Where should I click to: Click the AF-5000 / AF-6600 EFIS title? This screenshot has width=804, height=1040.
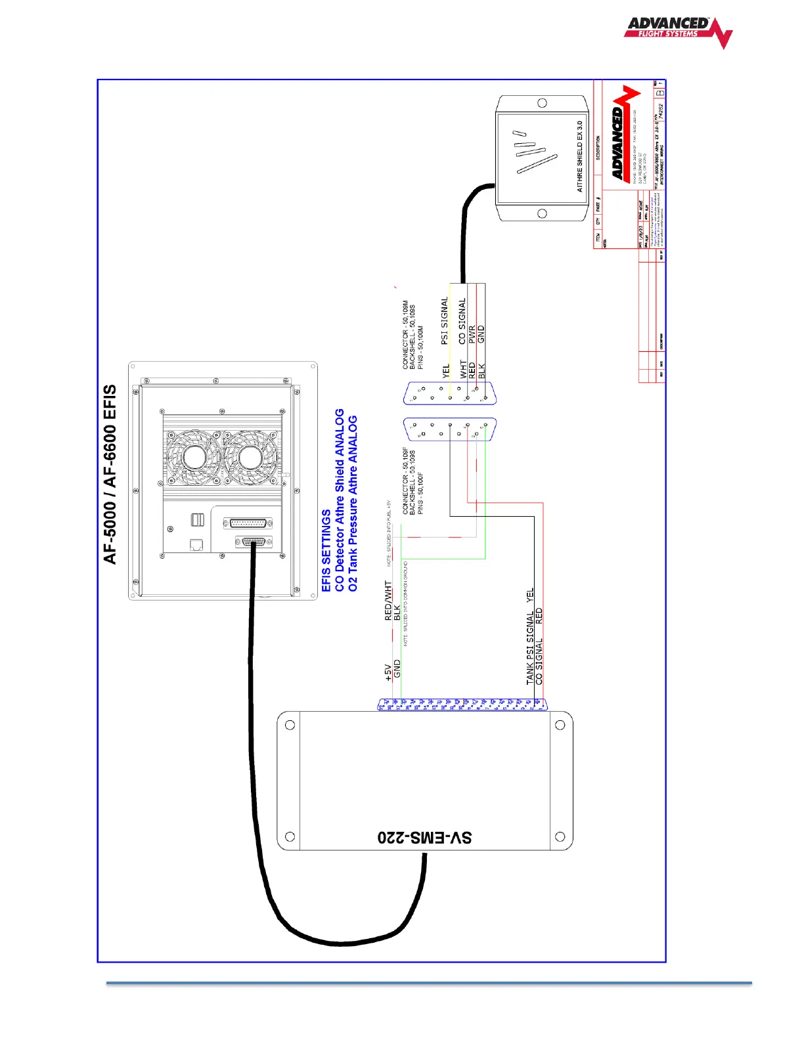tap(110, 473)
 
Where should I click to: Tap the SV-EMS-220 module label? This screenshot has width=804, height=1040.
tap(424, 838)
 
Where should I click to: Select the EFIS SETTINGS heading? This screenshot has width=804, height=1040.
tap(326, 550)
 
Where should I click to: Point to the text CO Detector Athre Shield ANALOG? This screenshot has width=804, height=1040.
tap(340, 500)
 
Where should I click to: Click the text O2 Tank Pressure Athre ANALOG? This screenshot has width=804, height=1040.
tap(353, 503)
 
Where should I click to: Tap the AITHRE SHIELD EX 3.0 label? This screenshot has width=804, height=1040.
tap(579, 156)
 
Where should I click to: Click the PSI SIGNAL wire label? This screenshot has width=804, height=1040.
tap(444, 320)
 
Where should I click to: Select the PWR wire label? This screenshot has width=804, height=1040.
tap(472, 335)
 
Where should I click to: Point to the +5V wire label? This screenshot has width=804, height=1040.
tap(388, 672)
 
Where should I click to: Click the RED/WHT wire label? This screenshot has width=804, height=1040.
tap(388, 600)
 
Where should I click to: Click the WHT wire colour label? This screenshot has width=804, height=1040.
tap(463, 368)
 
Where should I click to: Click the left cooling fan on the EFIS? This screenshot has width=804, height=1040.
tap(194, 457)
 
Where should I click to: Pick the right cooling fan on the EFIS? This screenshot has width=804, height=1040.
tap(250, 457)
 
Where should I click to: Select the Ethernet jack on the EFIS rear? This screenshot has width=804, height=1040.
tap(196, 544)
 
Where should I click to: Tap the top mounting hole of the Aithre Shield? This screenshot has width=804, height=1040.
tap(542, 103)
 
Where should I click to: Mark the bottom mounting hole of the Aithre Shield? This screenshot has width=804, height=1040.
tap(542, 213)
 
